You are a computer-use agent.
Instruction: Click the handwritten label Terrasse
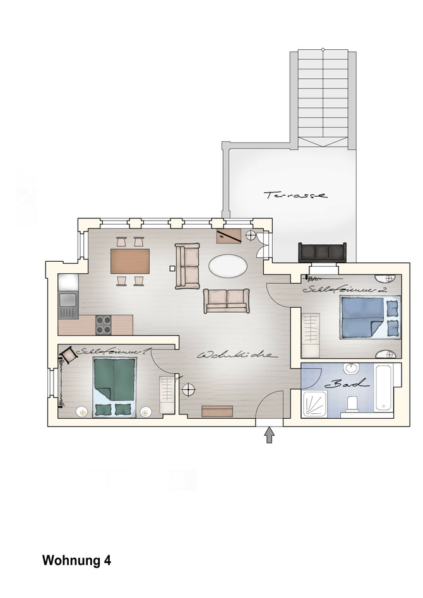(296, 195)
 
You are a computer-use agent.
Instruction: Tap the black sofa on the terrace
(322, 252)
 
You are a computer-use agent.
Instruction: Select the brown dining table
(130, 261)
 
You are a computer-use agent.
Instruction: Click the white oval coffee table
(228, 266)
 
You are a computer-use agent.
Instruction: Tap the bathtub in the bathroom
(384, 387)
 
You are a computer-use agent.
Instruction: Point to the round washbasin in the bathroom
(351, 369)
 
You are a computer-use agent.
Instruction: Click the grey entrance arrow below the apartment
(270, 435)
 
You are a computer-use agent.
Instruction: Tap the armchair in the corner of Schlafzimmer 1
(68, 356)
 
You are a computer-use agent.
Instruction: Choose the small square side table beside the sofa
(171, 268)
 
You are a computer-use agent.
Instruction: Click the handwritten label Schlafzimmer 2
(344, 290)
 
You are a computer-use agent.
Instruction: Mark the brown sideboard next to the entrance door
(217, 411)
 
